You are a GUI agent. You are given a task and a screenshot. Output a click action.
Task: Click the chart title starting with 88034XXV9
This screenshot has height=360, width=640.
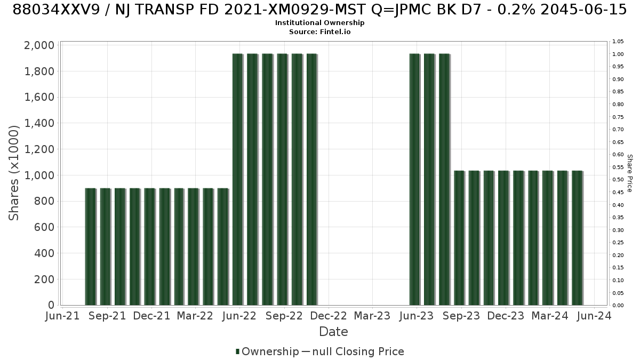tap(319, 10)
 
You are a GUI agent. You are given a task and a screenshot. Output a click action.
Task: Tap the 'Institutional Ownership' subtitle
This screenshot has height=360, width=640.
tap(319, 23)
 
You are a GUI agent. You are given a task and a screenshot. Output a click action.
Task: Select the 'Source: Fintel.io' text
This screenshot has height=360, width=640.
tap(319, 31)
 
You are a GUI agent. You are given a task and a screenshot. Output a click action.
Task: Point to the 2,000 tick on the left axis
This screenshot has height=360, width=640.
tap(39, 45)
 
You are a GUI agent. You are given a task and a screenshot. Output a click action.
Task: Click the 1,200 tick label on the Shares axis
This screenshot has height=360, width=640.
tap(39, 149)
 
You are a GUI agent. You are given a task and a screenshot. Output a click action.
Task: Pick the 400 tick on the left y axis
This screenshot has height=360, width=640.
tap(44, 253)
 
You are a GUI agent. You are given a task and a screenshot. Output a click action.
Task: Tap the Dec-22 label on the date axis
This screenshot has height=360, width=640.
tap(329, 316)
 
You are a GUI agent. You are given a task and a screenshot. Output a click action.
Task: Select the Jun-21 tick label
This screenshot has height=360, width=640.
tap(62, 316)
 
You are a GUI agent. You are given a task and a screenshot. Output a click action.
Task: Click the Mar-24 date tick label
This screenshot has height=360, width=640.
tap(550, 316)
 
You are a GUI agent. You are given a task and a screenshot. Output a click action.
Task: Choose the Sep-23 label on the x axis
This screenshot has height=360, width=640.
tap(461, 316)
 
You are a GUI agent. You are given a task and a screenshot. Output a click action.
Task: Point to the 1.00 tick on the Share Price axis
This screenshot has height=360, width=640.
tap(618, 54)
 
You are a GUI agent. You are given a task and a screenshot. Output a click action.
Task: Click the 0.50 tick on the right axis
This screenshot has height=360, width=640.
tap(618, 180)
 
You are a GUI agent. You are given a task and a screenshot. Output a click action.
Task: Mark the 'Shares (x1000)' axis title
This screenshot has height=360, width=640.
tap(13, 173)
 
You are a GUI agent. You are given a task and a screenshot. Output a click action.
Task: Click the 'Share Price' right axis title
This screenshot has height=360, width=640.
tap(630, 173)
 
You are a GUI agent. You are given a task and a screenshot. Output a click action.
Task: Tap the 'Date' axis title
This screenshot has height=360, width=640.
tap(333, 332)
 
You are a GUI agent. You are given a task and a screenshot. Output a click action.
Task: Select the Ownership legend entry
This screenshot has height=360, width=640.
tap(267, 351)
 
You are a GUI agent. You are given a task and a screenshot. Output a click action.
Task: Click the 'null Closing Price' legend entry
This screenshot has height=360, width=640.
tap(353, 351)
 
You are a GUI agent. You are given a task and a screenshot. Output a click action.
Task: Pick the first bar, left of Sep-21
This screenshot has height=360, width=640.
tap(91, 246)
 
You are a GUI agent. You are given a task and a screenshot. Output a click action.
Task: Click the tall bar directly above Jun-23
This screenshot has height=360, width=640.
tap(415, 179)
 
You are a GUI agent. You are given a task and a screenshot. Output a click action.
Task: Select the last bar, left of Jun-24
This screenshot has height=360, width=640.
tap(578, 238)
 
